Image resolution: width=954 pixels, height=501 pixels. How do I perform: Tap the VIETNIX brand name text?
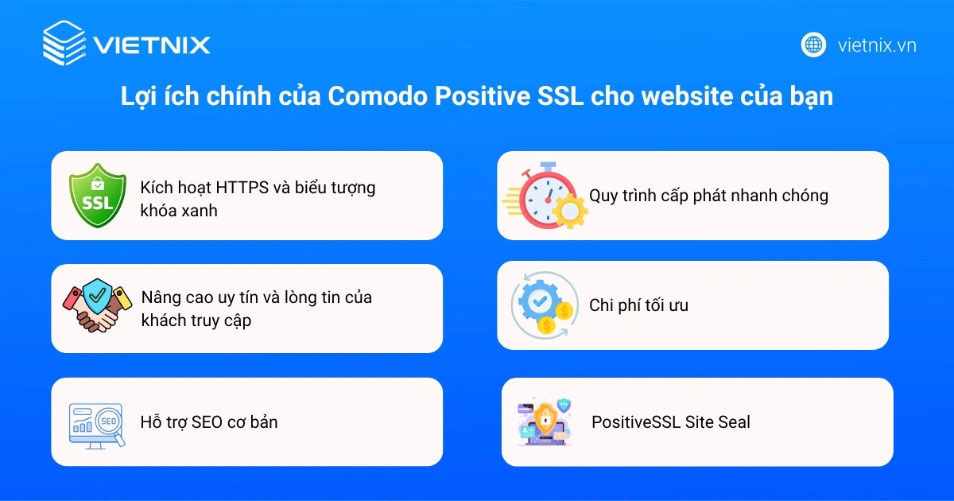152,45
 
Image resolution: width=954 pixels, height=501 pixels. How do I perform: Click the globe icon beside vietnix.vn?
813,45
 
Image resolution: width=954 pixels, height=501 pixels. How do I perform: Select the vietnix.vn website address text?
877,45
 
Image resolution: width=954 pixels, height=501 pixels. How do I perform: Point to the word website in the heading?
691,96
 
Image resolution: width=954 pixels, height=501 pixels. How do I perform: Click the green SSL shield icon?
97,196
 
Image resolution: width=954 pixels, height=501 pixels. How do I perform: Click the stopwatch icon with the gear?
545,196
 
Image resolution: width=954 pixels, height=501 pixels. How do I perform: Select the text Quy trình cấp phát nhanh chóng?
708,196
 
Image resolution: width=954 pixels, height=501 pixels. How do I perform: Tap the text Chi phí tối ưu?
638,305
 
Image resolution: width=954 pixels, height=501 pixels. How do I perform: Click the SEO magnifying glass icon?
95,422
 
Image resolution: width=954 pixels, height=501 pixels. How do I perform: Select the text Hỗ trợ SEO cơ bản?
209,421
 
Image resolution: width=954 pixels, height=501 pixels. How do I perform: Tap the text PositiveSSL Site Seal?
670,421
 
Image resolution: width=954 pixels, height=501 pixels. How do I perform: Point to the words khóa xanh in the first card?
179,210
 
